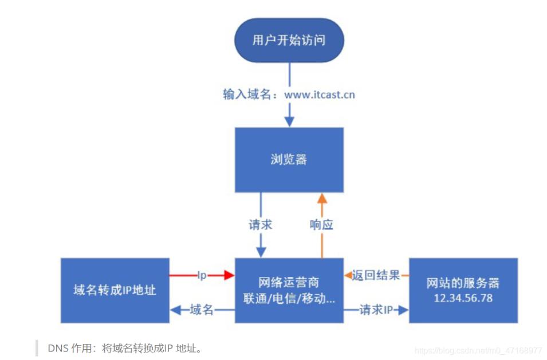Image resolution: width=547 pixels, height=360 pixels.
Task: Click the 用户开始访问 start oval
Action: (x=289, y=41)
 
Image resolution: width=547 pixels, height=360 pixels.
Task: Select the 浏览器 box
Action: (x=289, y=160)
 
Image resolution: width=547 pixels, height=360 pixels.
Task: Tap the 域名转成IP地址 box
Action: (x=115, y=290)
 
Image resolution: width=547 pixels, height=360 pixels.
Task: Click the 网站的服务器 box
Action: (x=463, y=290)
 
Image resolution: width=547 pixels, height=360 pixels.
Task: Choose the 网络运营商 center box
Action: (x=289, y=290)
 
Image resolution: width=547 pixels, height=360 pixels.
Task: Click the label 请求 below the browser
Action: (x=261, y=224)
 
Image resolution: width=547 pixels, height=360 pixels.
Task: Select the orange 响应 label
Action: (x=321, y=224)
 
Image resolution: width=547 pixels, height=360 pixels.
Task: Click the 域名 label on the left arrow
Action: (x=202, y=310)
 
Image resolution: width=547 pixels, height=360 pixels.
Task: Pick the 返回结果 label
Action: (x=376, y=275)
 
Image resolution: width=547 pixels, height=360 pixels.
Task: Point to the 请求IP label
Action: (x=376, y=310)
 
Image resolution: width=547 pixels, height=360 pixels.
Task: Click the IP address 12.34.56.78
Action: (x=463, y=298)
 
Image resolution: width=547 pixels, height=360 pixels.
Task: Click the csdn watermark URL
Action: (x=478, y=350)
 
